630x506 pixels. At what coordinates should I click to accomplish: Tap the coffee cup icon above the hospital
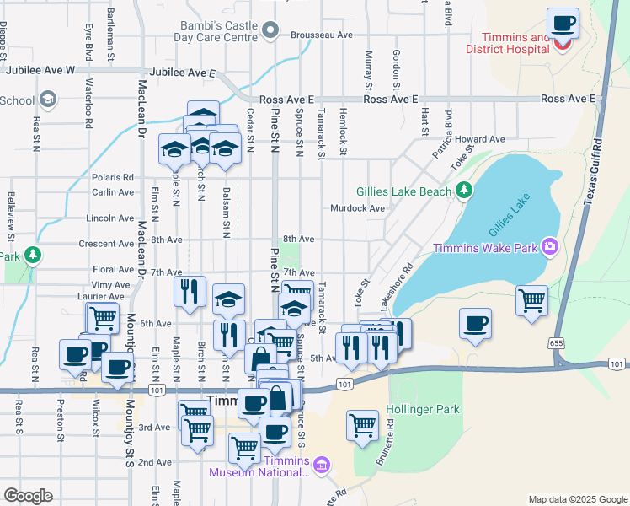(x=563, y=23)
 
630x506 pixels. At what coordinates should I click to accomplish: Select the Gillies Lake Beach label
(x=403, y=191)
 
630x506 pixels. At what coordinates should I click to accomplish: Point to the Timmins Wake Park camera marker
(x=549, y=247)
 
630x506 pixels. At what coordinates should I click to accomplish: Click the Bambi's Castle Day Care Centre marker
(x=270, y=31)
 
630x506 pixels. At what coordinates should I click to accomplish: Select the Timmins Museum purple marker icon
(x=320, y=465)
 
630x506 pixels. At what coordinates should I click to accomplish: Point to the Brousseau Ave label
(x=321, y=35)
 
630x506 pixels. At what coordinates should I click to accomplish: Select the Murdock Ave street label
(x=358, y=208)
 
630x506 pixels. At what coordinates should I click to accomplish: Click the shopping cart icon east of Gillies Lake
(x=532, y=300)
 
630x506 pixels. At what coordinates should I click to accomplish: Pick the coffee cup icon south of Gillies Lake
(x=475, y=324)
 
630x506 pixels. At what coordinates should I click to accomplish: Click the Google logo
(x=28, y=495)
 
